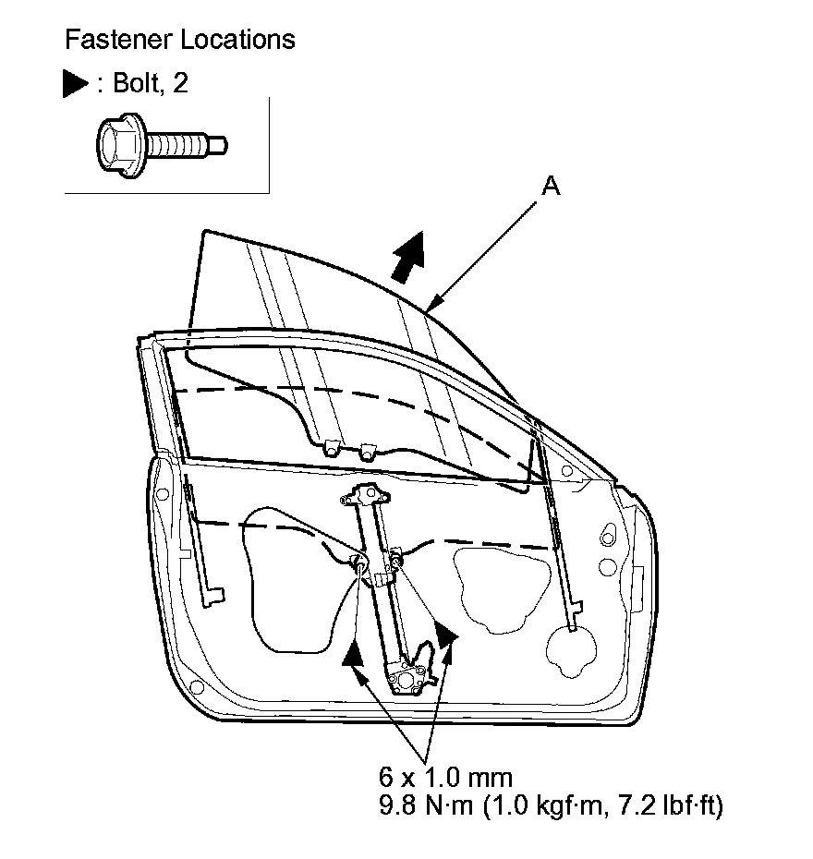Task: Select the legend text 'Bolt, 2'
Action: pyautogui.click(x=152, y=84)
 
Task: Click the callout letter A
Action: pyautogui.click(x=550, y=186)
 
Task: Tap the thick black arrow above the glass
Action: pyautogui.click(x=408, y=256)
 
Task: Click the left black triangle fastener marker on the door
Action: pyautogui.click(x=351, y=653)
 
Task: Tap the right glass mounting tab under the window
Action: pyautogui.click(x=367, y=451)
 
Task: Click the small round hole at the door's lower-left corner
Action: pyautogui.click(x=195, y=687)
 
